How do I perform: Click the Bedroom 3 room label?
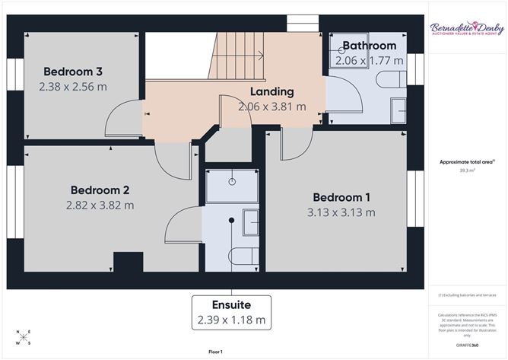point(73,72)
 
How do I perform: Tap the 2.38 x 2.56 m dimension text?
point(73,87)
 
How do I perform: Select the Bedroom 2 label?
point(100,190)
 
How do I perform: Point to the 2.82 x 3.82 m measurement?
point(100,205)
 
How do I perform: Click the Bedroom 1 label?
point(341,197)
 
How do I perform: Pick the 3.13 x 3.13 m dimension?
point(341,212)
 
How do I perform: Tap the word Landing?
point(272,92)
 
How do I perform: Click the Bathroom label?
point(370,46)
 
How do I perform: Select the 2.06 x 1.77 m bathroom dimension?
point(370,60)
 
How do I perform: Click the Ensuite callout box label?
point(231,305)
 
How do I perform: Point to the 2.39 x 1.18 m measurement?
point(231,320)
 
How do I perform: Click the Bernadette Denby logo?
point(467,29)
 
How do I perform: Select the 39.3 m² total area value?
point(467,170)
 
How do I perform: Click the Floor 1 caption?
point(215,352)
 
